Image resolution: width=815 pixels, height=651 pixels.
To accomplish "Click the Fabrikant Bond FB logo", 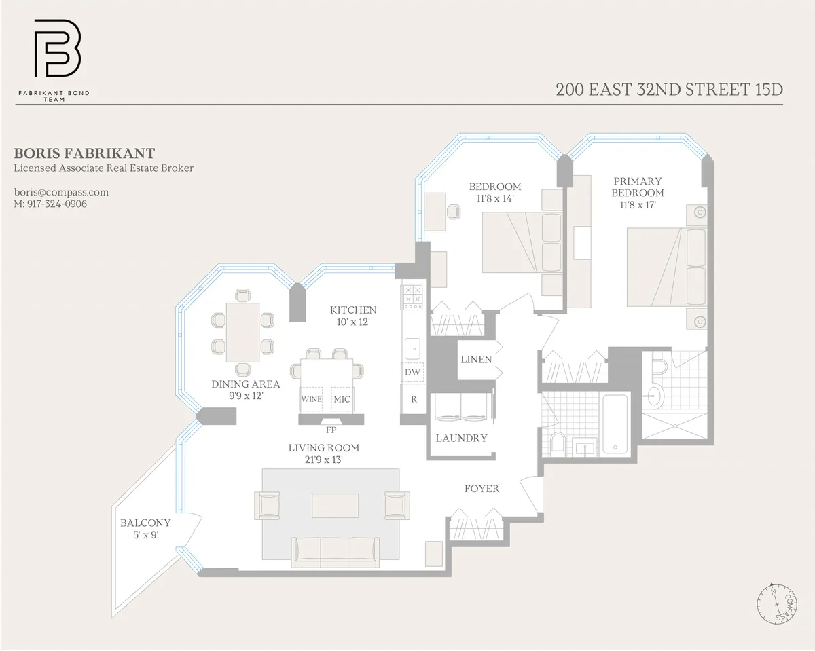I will (x=58, y=49).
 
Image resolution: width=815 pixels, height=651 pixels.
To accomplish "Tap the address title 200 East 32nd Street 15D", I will (x=668, y=90).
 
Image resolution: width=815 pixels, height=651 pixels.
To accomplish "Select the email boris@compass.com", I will (x=61, y=192).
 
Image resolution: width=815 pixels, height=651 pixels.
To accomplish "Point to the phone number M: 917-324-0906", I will (x=50, y=204).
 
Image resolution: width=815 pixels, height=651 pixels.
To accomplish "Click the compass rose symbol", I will (x=777, y=603).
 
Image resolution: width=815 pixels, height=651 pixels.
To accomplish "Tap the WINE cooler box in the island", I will (x=311, y=399).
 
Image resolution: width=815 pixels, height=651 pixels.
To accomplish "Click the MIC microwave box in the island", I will (x=342, y=399).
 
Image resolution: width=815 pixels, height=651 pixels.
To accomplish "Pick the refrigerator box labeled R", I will (x=413, y=400).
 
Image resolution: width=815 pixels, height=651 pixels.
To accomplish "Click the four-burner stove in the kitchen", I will (x=413, y=297).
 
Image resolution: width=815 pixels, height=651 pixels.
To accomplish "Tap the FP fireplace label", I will (x=331, y=429).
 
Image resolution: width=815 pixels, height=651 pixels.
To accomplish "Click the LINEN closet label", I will (x=475, y=359).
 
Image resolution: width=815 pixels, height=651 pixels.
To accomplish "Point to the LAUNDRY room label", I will (x=461, y=439).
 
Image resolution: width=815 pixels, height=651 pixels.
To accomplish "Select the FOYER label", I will (x=482, y=489).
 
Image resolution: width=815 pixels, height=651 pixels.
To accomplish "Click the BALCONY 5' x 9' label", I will (x=145, y=529).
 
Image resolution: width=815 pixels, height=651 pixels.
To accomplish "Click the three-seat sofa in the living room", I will (x=335, y=551).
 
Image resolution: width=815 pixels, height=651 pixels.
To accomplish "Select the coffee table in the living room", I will (x=335, y=506).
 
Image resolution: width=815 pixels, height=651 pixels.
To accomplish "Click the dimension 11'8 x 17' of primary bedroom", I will (x=637, y=204).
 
